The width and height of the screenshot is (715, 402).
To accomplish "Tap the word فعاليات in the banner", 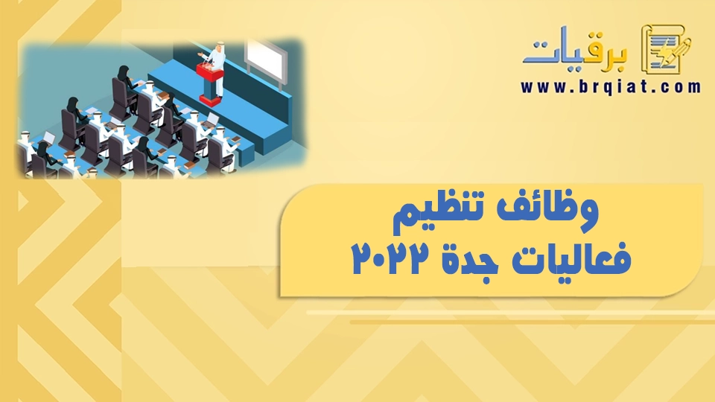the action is [x=572, y=258].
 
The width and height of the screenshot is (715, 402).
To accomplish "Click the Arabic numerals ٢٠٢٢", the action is [x=391, y=258].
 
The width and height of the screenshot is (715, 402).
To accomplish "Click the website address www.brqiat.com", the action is [x=611, y=86].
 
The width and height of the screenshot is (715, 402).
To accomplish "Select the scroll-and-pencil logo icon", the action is [x=665, y=49].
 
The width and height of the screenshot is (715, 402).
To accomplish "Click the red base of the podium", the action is [x=209, y=100].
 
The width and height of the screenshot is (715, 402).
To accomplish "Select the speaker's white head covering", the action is [x=220, y=46].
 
